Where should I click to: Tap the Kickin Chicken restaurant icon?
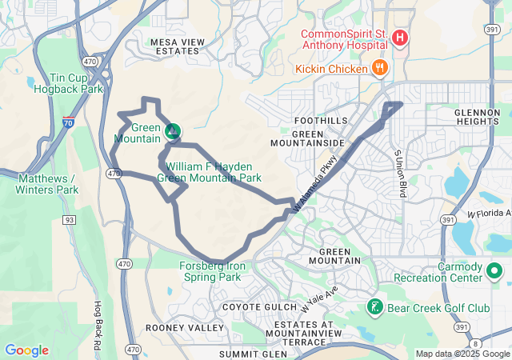coord(380,69)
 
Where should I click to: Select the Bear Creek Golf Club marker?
coord(374,307)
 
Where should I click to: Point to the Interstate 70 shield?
coord(70,124)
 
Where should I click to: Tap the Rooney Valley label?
coord(185,328)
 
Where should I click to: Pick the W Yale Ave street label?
coord(319,298)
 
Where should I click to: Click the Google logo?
coord(27,350)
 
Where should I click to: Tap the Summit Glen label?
coord(253,353)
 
